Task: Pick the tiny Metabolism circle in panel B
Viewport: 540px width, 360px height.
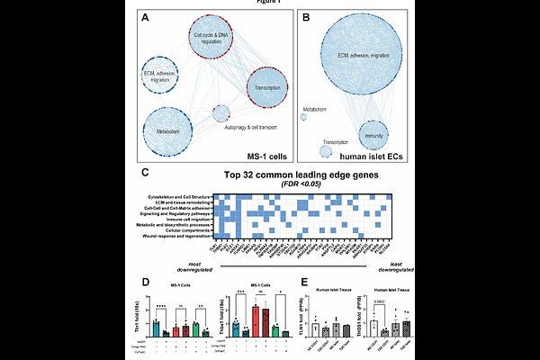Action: pyautogui.click(x=314, y=115)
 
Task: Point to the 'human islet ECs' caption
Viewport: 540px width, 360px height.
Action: pyautogui.click(x=361, y=155)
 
